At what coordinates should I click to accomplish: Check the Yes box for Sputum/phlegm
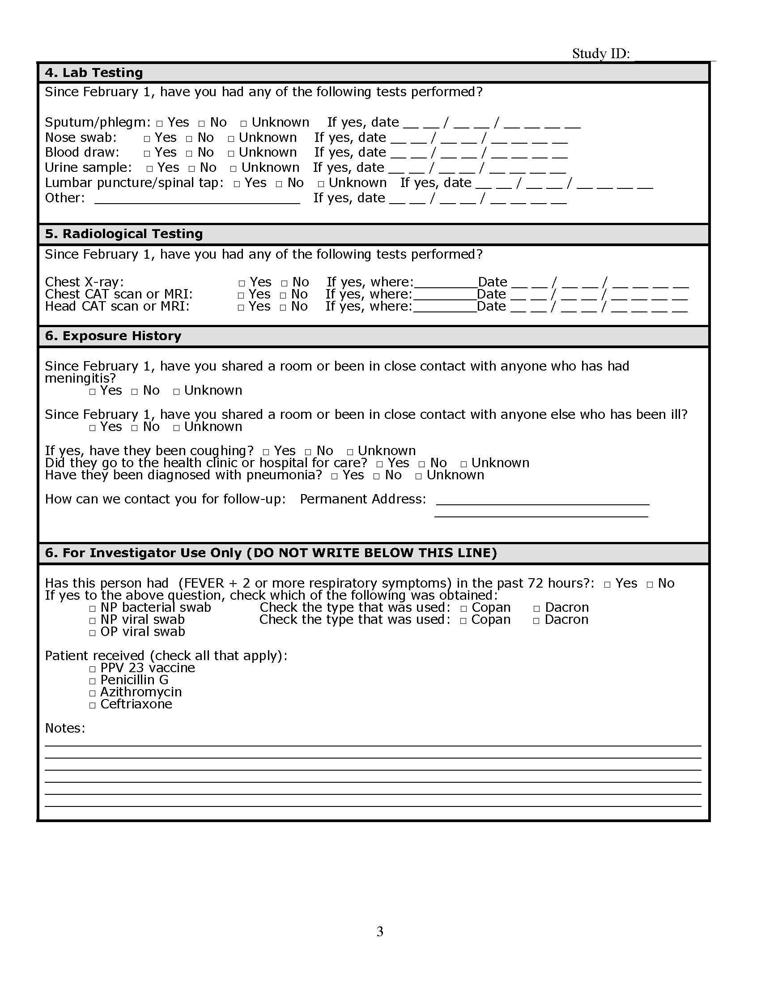coord(160,124)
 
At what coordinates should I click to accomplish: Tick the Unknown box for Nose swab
coord(231,139)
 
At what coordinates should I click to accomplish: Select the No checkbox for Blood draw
coord(189,154)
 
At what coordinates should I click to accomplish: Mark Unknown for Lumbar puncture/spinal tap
coord(321,184)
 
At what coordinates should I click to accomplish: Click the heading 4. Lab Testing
coord(94,72)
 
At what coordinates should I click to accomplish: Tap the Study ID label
coord(600,54)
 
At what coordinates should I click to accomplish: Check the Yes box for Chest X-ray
coord(242,283)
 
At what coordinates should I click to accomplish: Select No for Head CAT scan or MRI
coord(283,307)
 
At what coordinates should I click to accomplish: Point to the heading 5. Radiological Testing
coord(123,234)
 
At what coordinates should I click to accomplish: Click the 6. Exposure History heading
coord(113,336)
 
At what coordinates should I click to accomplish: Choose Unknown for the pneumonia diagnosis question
coord(418,476)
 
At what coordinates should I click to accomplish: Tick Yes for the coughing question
coord(266,452)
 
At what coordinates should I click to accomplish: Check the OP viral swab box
coord(93,633)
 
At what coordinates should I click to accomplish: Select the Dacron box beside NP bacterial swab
coord(536,609)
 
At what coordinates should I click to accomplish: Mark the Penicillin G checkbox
coord(93,681)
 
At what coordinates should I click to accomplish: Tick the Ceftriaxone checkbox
coord(93,705)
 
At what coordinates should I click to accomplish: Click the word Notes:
coord(65,729)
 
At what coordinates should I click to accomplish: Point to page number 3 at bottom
coord(379,931)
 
